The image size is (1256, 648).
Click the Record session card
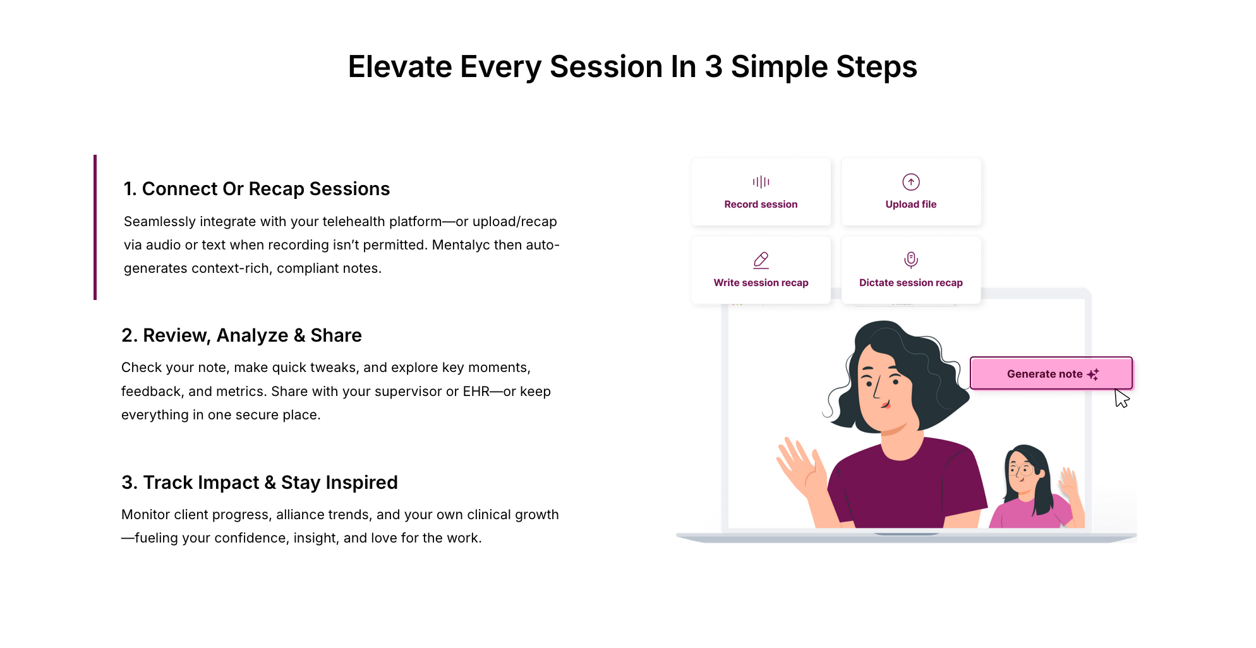tap(761, 191)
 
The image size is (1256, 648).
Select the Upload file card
tap(911, 191)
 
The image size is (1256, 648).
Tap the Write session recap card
tap(761, 270)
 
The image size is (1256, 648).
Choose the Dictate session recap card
tap(911, 270)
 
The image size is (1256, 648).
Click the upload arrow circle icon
tap(911, 182)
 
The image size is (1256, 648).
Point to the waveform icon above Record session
tap(761, 182)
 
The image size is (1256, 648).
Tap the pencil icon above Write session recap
tap(761, 260)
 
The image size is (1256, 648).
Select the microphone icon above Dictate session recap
tap(911, 260)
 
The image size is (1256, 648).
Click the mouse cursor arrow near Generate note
tap(1121, 399)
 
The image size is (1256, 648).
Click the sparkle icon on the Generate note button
tap(1093, 375)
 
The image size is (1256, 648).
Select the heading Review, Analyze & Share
tap(241, 335)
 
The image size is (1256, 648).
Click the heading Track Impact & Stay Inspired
tap(260, 483)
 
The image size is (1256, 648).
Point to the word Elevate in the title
tap(401, 67)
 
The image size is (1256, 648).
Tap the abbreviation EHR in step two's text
tap(476, 392)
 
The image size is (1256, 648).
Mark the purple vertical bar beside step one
tap(95, 227)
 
